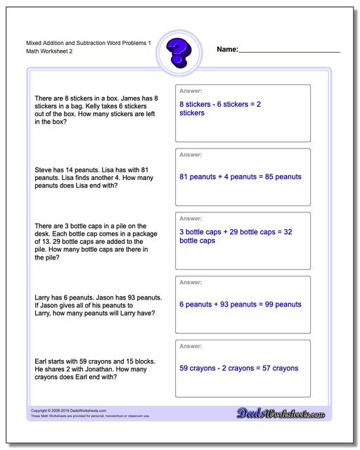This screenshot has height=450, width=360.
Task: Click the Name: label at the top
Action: [x=228, y=51]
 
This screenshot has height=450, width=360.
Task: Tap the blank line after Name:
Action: [x=290, y=52]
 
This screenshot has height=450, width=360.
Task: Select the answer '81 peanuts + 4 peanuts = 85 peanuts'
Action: [x=240, y=176]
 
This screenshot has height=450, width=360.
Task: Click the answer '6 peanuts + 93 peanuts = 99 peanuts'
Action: [x=240, y=304]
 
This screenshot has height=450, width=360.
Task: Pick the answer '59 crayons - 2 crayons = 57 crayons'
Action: [x=238, y=368]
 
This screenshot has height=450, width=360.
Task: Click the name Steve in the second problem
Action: [x=45, y=169]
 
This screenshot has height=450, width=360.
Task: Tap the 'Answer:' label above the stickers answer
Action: [x=191, y=91]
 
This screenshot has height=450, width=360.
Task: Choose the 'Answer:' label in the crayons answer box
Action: [x=191, y=345]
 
